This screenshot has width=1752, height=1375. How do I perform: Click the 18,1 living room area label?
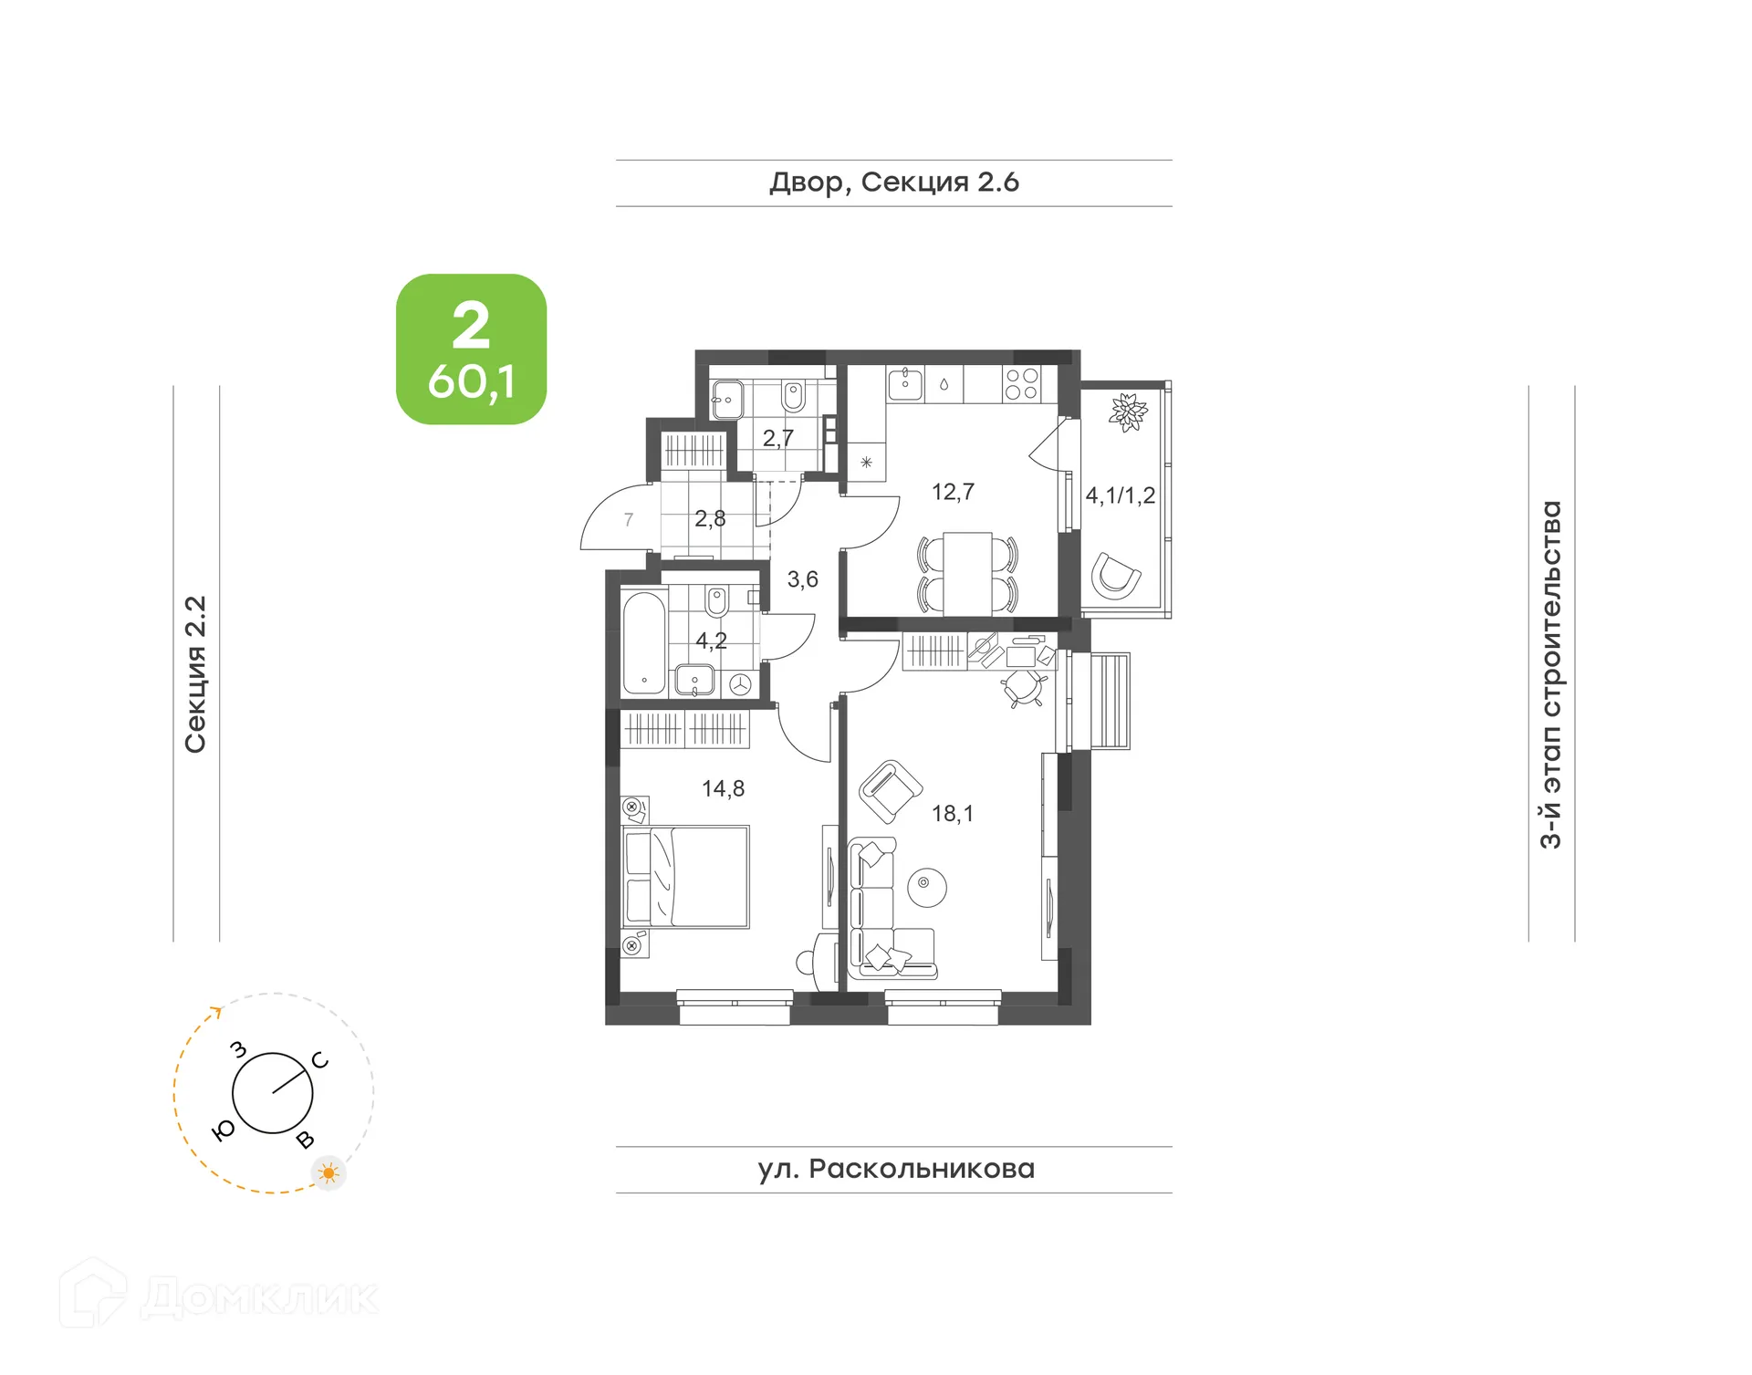[952, 813]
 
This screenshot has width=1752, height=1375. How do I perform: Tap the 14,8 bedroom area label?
[723, 788]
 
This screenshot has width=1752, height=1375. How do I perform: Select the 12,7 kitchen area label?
[953, 492]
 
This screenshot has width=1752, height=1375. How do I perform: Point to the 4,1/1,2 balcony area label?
[1120, 495]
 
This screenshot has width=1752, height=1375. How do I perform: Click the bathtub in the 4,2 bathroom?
[643, 643]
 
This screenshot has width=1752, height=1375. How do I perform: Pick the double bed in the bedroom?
[686, 877]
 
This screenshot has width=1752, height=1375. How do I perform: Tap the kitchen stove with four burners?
[1020, 384]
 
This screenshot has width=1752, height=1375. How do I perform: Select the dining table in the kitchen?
[967, 573]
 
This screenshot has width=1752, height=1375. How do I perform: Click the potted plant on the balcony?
[1128, 412]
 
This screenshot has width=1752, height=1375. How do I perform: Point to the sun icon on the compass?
[328, 1172]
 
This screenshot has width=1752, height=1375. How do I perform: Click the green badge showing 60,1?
[471, 349]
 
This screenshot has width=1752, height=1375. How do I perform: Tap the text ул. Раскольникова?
[895, 1169]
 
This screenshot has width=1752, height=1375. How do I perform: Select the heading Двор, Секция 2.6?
[893, 182]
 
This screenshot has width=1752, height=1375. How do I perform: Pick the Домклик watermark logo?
[219, 1295]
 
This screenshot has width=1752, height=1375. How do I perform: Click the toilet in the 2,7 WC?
[793, 397]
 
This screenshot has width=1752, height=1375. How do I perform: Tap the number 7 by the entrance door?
[628, 519]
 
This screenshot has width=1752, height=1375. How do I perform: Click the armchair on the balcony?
[1116, 576]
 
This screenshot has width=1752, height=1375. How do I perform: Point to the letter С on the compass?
[319, 1060]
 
